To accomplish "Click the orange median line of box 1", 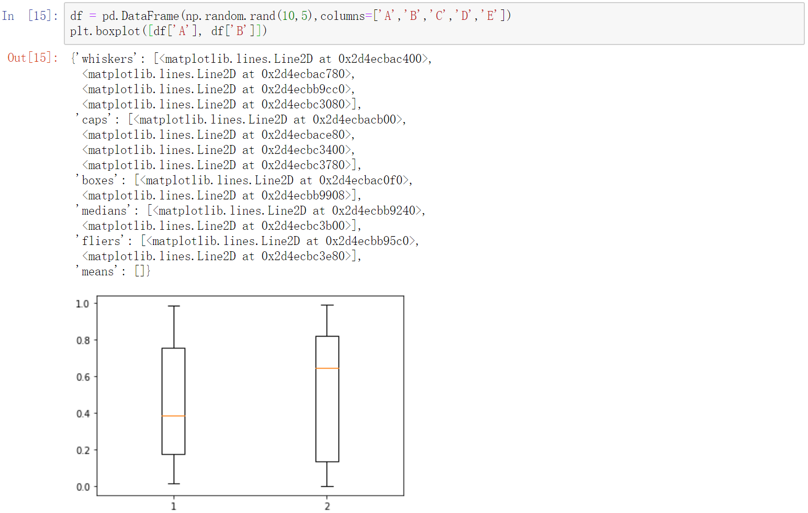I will [173, 416].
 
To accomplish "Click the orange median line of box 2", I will [327, 369].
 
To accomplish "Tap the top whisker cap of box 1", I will [173, 306].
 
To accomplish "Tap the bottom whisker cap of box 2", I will [327, 487].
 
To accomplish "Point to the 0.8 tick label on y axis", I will [83, 341].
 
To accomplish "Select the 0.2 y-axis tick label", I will [83, 451].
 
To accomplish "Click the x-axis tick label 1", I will [174, 506].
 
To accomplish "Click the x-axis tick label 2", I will [327, 506].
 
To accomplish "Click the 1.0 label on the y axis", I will [83, 304].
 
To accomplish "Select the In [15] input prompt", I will [30, 16].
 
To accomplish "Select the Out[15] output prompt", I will [32, 58].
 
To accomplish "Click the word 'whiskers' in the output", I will [108, 59].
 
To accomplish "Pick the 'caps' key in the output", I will [95, 120].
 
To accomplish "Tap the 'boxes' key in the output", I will [98, 181].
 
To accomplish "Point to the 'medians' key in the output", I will [105, 211].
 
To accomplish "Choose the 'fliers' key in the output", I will [101, 241].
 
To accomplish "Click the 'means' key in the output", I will [98, 272].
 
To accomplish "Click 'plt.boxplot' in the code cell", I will [105, 31].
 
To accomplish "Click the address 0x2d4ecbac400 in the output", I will [380, 59].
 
